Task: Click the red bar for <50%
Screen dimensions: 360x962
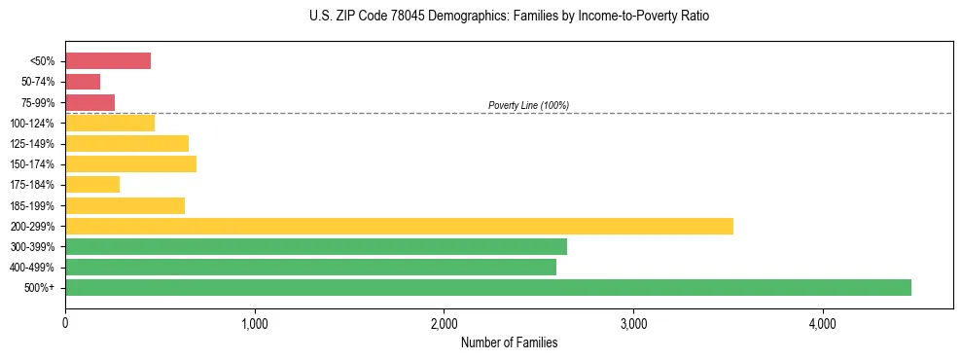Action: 108,61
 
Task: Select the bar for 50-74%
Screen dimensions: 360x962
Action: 83,82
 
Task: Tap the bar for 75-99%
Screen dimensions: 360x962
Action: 89,102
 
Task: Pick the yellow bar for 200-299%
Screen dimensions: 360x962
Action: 399,226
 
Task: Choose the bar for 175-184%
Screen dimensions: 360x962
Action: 92,184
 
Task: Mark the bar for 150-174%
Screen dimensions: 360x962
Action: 130,163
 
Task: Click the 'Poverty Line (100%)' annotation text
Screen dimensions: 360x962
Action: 528,105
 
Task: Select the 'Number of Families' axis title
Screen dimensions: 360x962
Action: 509,342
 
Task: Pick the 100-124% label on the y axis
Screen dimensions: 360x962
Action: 33,124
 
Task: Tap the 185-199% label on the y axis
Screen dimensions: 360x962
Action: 33,205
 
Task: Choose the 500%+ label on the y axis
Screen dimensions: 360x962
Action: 39,288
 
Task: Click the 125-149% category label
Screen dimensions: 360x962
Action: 33,144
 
